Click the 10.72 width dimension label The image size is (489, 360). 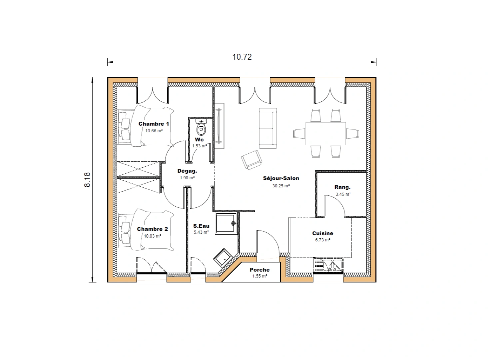[x=242, y=57]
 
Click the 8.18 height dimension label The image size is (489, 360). [x=87, y=180]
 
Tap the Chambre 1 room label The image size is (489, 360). [x=154, y=124]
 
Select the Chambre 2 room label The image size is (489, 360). [x=152, y=229]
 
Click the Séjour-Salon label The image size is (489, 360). [x=281, y=178]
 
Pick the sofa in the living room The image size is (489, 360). [x=268, y=128]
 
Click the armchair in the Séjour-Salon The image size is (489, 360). [x=251, y=160]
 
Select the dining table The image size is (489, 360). [x=325, y=134]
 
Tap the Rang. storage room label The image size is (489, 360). [x=342, y=187]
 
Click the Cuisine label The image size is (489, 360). [x=322, y=233]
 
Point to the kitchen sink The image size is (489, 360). [x=328, y=266]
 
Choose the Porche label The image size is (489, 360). [x=259, y=270]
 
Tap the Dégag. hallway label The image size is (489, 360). [x=187, y=171]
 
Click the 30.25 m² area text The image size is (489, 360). [x=281, y=186]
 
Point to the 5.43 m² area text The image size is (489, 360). [x=201, y=232]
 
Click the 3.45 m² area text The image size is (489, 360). [x=343, y=194]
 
